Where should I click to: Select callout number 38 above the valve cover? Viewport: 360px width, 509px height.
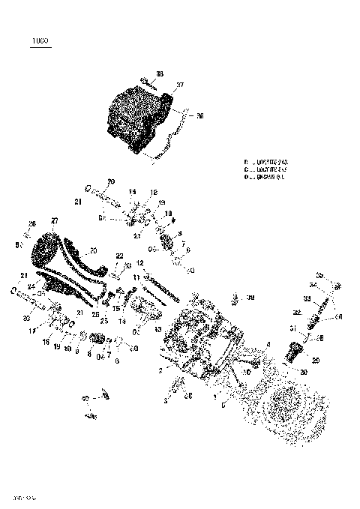click(x=159, y=73)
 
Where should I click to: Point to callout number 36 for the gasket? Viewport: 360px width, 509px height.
click(x=199, y=116)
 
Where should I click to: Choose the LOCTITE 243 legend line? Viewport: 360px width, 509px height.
click(x=267, y=161)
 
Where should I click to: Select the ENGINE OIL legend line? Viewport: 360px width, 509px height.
click(x=267, y=178)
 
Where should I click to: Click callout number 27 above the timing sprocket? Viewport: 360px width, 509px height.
click(x=54, y=220)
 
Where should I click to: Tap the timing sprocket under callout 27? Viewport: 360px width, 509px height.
click(x=46, y=251)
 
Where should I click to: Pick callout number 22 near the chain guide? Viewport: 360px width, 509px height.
click(x=119, y=256)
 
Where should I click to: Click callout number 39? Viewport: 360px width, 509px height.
click(x=251, y=298)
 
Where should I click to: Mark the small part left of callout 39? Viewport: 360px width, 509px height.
click(x=235, y=298)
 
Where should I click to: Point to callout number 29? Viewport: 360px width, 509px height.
click(x=316, y=361)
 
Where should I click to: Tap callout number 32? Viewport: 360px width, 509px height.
click(x=296, y=312)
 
